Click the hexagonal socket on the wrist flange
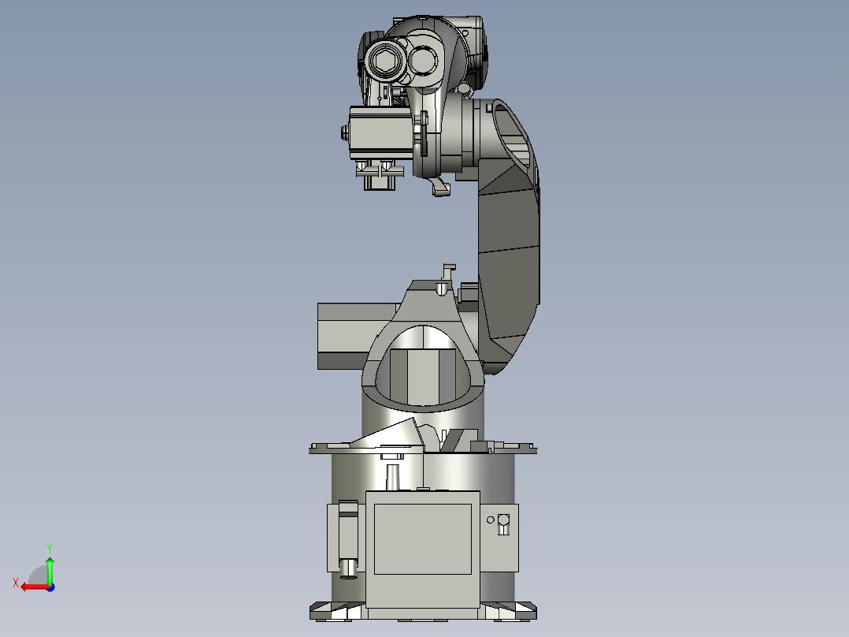[386, 62]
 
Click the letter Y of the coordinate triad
[49, 547]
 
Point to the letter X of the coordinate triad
[15, 583]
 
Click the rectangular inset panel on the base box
[422, 539]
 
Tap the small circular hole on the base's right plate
[491, 520]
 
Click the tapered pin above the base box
[393, 477]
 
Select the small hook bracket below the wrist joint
[440, 188]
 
